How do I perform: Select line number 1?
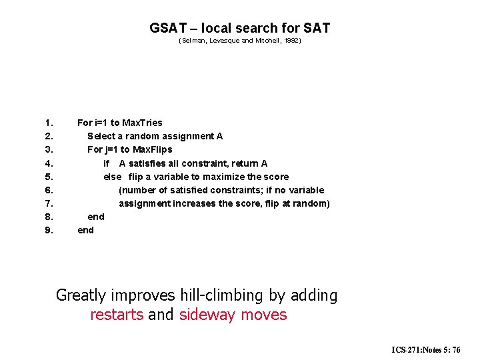[49, 123]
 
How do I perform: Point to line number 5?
[49, 177]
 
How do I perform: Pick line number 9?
[49, 230]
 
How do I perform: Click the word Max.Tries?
[143, 123]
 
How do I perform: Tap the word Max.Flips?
[153, 149]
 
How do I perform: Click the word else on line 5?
[112, 177]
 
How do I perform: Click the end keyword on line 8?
[96, 217]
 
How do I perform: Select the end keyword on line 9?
[86, 230]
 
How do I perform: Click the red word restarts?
[117, 315]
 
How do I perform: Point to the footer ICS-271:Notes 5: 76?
[426, 349]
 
